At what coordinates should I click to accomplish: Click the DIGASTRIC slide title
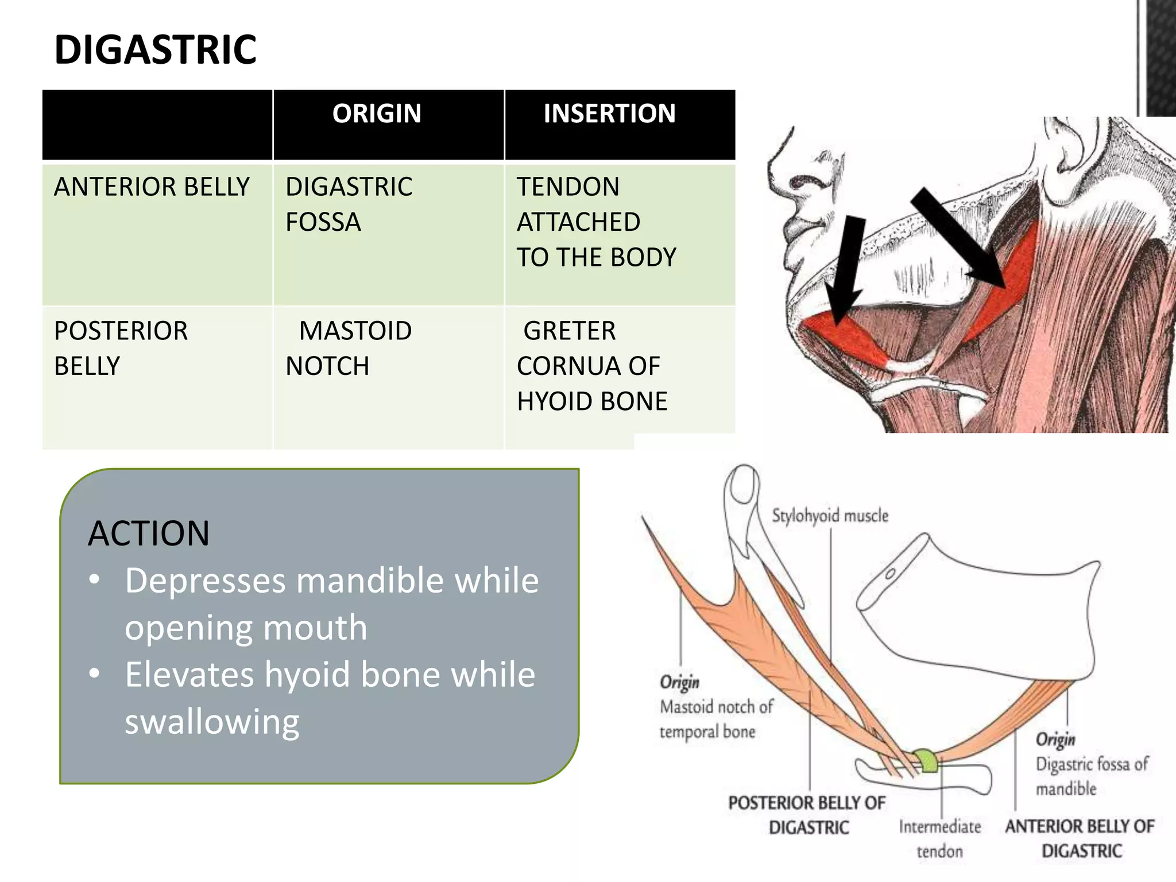point(155,50)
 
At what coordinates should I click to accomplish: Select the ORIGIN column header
point(377,114)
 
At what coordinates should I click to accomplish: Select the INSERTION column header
point(609,114)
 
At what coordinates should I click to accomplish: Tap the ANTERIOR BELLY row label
point(152,187)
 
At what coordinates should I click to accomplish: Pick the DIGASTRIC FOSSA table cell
point(349,204)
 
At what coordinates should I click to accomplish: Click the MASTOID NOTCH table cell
point(349,348)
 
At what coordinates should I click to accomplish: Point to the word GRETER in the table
point(569,331)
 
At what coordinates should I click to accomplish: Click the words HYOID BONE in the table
point(592,401)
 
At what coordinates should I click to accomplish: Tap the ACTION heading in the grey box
point(149,533)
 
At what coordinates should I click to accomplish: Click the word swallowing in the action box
point(212,722)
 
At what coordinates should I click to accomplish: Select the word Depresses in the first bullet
point(205,581)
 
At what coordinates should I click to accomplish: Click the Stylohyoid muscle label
point(830,516)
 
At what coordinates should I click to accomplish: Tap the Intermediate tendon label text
point(940,839)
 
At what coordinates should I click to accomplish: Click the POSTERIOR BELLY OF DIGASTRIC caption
point(807,815)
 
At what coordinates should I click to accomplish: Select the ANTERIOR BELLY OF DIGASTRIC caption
point(1080,838)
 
